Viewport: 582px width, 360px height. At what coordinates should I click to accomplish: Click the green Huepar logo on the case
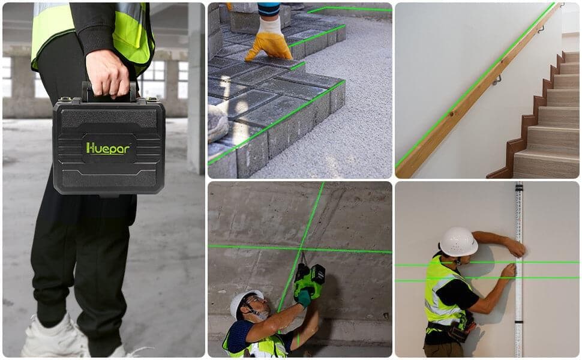[x=108, y=148]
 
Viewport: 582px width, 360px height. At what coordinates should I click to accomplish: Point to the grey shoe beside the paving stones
[x=217, y=122]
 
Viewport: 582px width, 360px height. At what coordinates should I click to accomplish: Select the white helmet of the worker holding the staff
[x=458, y=241]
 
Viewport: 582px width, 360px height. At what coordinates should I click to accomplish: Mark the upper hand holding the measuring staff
[x=515, y=247]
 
